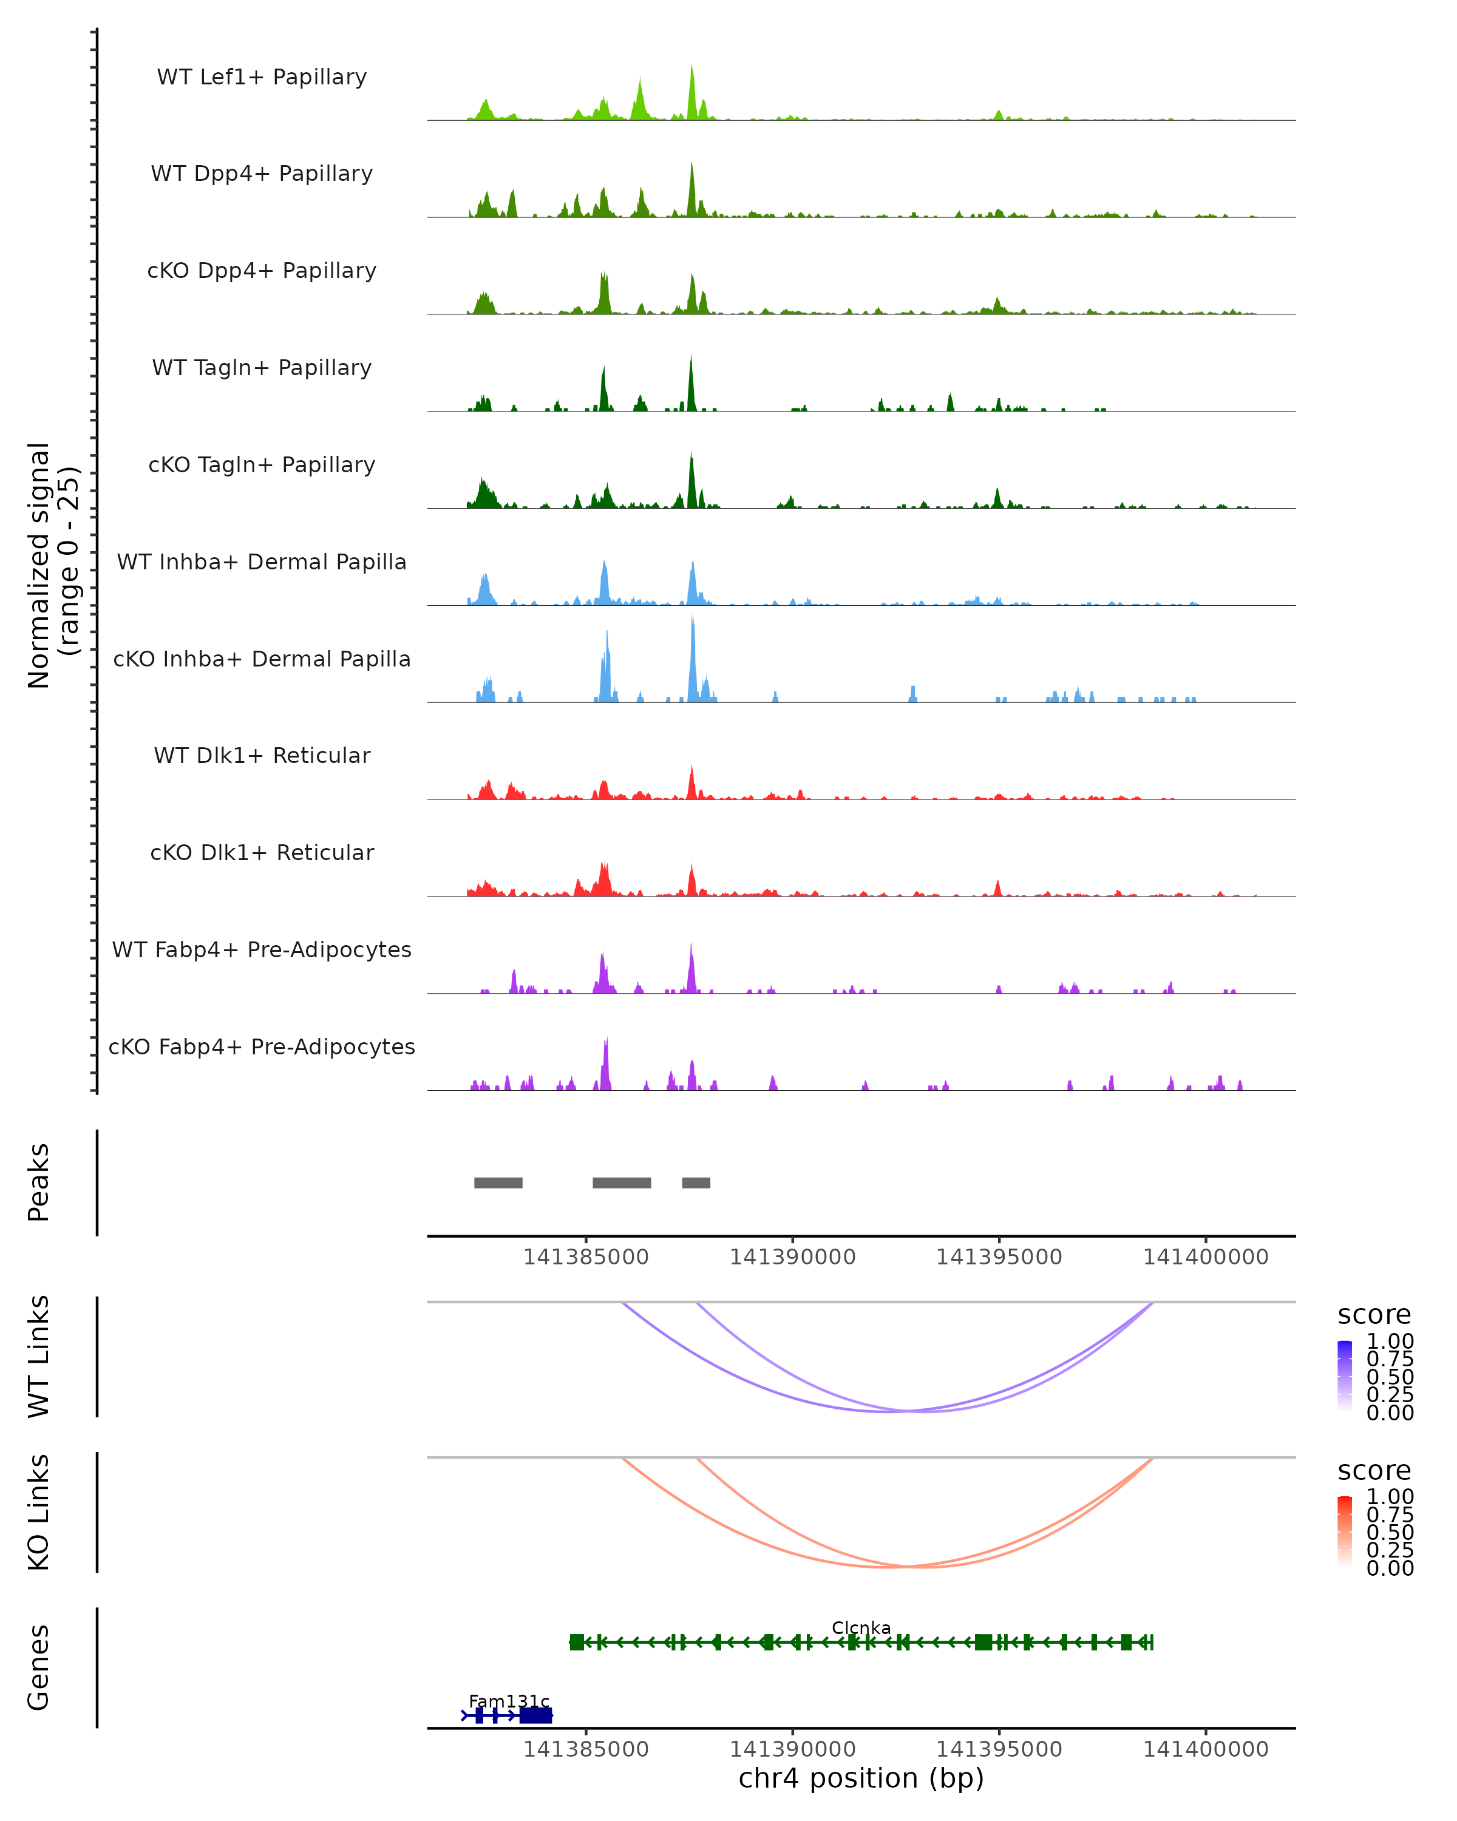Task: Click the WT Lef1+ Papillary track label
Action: (x=262, y=78)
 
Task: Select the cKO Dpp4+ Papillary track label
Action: (x=262, y=271)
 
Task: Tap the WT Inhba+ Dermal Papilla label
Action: (x=262, y=563)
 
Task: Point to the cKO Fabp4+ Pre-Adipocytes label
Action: (x=262, y=1047)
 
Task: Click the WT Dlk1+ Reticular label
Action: (x=262, y=756)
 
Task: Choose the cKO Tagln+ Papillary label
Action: (x=262, y=466)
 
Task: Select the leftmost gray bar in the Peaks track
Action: (x=498, y=1182)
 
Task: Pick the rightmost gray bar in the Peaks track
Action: (x=696, y=1182)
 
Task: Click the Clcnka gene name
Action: (x=861, y=1627)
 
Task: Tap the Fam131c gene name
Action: (x=509, y=1701)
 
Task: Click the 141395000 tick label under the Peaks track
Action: (x=999, y=1258)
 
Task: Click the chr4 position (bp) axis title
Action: (x=861, y=1779)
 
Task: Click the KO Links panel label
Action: (x=39, y=1513)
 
